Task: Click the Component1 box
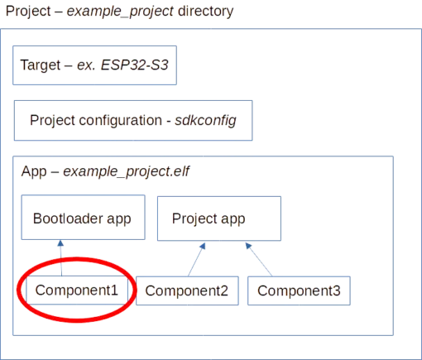(x=77, y=290)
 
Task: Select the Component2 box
(x=187, y=290)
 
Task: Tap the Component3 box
(x=299, y=290)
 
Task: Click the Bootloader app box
(x=84, y=218)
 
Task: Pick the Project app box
(x=219, y=218)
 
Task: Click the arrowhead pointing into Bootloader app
(x=60, y=243)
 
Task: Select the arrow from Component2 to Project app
(x=197, y=259)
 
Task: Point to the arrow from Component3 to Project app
(x=259, y=259)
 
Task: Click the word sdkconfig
(x=205, y=121)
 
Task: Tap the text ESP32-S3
(x=135, y=65)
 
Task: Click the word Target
(x=41, y=65)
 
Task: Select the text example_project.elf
(x=127, y=172)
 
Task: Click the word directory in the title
(x=206, y=12)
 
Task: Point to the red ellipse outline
(x=17, y=290)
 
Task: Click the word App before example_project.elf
(x=34, y=172)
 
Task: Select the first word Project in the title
(x=28, y=12)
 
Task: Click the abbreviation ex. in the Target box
(x=86, y=65)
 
